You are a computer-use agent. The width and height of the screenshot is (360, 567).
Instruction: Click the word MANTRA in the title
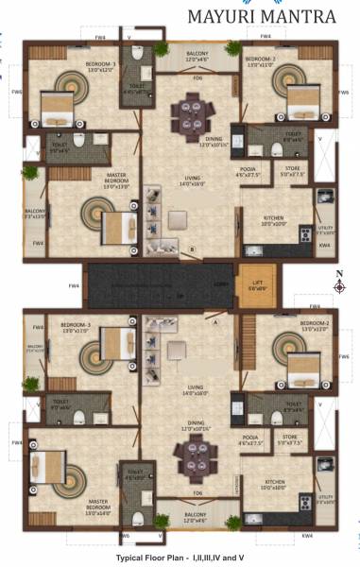click(x=302, y=17)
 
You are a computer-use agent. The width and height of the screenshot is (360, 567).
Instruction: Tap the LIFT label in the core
click(x=257, y=277)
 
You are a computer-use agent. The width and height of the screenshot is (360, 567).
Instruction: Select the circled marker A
click(x=215, y=321)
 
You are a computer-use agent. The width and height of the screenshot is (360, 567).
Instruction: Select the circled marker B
click(x=193, y=249)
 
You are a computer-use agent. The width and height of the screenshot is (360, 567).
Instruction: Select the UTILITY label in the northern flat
click(x=326, y=227)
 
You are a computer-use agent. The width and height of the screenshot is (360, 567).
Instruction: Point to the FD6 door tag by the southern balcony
click(x=198, y=494)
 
